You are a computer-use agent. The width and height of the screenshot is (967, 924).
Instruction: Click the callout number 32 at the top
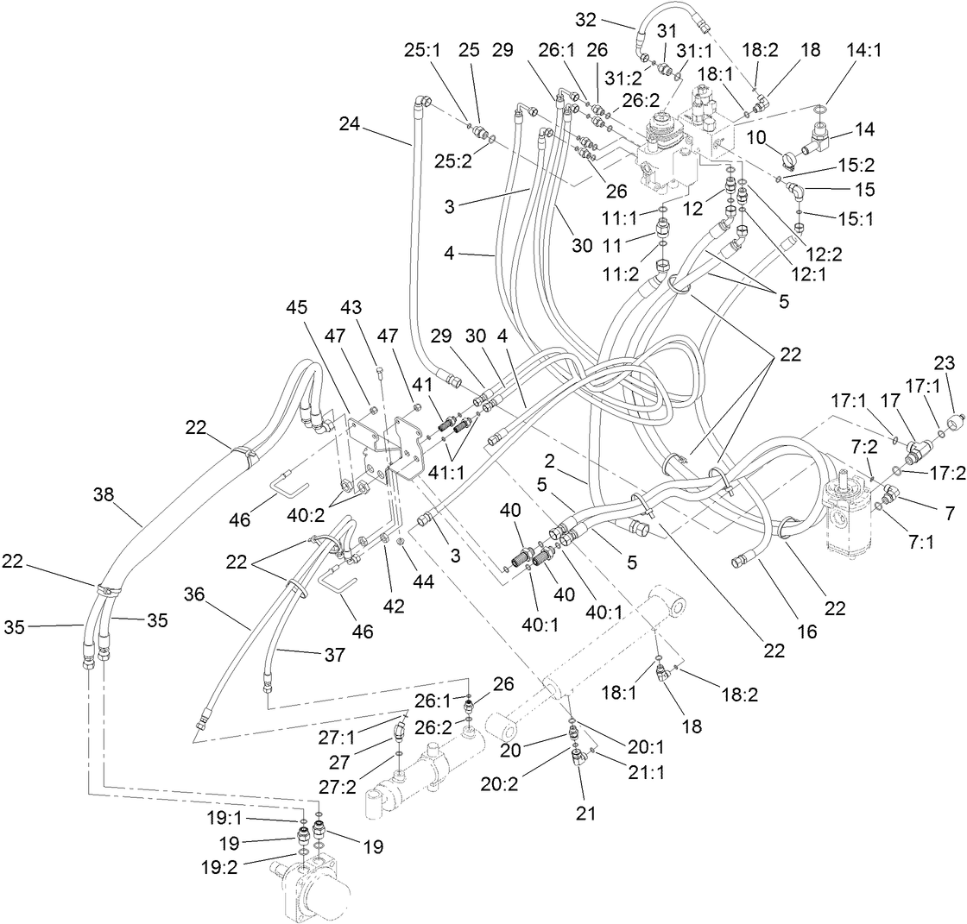click(585, 20)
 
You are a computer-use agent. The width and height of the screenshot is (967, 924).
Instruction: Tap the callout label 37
click(334, 655)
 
